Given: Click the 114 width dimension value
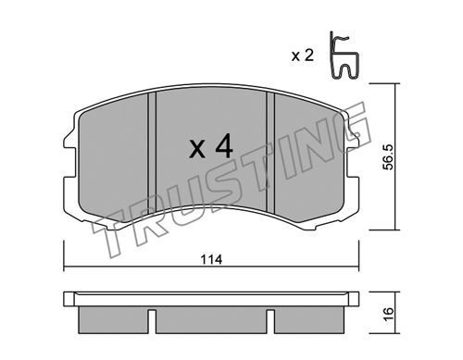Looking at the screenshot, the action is point(211,260).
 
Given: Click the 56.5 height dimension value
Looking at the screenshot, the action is point(388,157).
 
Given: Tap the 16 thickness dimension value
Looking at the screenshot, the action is point(389,315).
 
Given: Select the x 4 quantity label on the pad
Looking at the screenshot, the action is point(211,146).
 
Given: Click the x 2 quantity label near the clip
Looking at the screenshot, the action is point(303,56).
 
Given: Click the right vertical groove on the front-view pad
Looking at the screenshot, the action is point(270,153).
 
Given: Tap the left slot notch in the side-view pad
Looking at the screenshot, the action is point(152,321).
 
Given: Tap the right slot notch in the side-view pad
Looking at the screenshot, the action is point(270,321).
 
